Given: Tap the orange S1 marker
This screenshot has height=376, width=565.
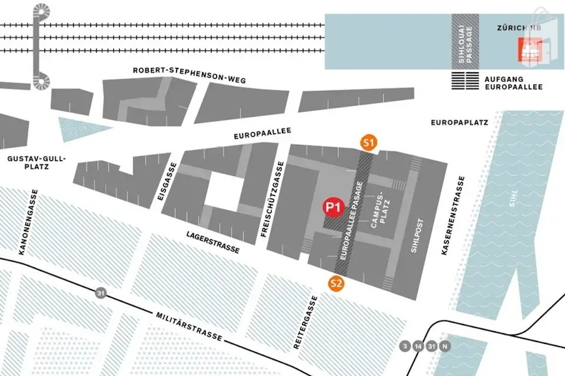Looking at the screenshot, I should tap(369, 143).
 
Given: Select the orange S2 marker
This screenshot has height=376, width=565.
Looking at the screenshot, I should tap(337, 283).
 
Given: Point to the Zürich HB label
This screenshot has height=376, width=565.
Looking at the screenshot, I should tap(518, 28).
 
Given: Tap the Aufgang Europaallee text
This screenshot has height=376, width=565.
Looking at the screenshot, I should tap(513, 83).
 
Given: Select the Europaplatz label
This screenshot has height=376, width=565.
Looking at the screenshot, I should tap(460, 123).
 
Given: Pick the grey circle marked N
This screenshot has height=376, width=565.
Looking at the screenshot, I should tap(445, 345).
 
